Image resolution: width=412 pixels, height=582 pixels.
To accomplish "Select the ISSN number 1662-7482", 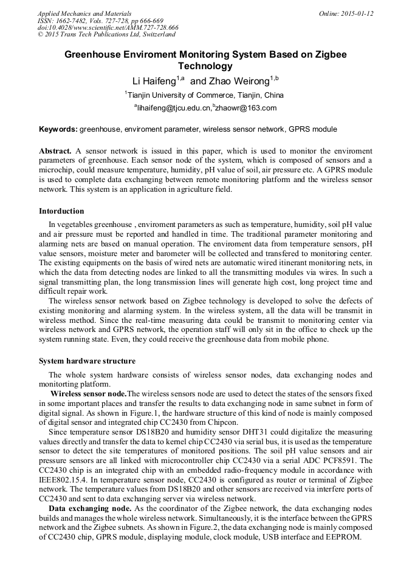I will (x=75, y=21).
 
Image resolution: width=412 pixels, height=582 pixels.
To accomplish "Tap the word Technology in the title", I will (x=205, y=66).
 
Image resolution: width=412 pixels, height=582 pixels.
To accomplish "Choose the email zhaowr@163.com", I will (x=246, y=108).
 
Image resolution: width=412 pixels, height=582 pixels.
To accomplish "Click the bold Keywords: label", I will (x=58, y=129).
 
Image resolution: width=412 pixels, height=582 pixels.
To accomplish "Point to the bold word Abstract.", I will (x=56, y=151).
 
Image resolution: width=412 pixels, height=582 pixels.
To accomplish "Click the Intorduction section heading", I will (x=61, y=211).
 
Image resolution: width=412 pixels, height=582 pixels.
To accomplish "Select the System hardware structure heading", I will (x=87, y=361).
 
